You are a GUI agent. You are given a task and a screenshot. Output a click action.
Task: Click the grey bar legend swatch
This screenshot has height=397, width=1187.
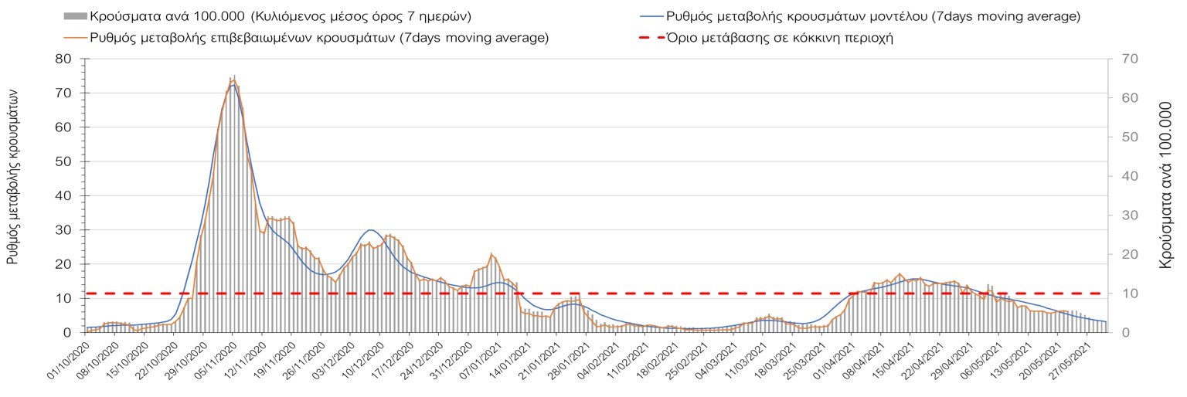75,16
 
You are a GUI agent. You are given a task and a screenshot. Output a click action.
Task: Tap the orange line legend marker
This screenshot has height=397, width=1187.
75,38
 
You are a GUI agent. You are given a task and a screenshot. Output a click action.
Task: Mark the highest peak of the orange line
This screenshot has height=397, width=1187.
233,79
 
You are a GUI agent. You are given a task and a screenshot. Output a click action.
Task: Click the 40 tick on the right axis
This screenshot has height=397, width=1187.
1118,176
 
